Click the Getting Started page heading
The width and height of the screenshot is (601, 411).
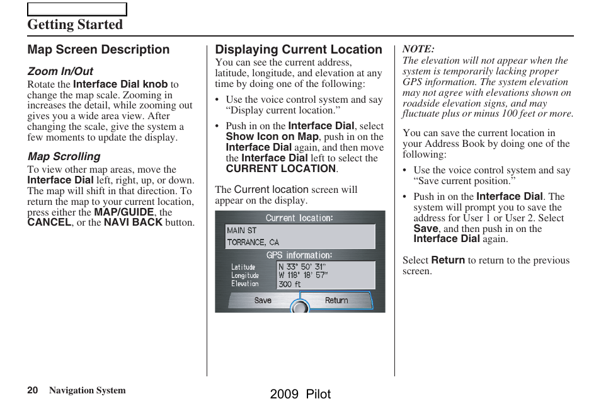tap(75, 25)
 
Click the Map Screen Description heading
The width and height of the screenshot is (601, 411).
tap(98, 49)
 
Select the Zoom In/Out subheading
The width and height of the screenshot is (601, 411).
tap(60, 71)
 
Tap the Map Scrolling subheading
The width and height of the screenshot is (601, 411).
tap(64, 156)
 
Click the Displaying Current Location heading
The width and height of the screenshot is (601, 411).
tap(299, 49)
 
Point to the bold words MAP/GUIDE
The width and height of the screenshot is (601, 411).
tap(123, 212)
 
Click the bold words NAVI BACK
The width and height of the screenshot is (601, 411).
tap(133, 223)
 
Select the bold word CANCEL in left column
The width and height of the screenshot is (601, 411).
tap(49, 223)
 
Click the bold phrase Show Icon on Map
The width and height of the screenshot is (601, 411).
tap(272, 137)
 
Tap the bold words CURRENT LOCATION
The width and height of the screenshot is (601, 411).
tap(281, 169)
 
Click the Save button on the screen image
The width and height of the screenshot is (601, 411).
tap(263, 301)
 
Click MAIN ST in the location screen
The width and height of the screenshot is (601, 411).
tap(242, 231)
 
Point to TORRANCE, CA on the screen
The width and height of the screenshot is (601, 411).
tap(253, 242)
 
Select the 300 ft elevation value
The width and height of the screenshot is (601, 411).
tap(290, 284)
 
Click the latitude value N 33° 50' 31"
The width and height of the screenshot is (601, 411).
tap(302, 267)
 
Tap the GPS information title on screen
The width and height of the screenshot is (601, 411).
tap(299, 255)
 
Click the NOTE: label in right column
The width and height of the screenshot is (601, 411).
tap(418, 49)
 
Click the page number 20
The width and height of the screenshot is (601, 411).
tap(32, 390)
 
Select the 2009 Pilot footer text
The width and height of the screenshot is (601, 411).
tap(300, 395)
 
